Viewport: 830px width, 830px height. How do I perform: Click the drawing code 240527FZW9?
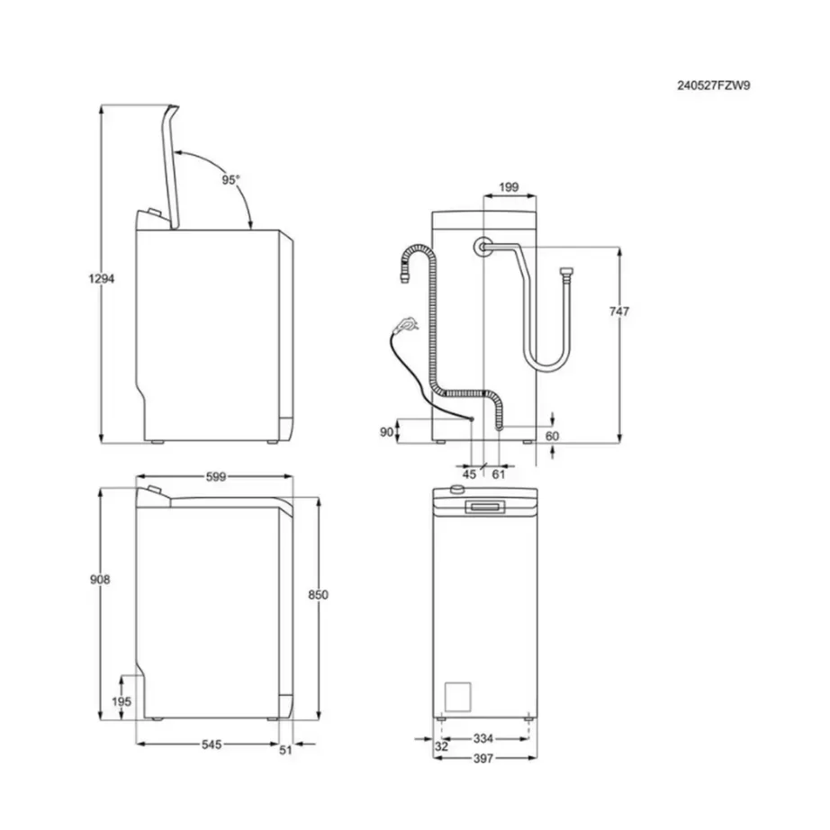pyautogui.click(x=714, y=86)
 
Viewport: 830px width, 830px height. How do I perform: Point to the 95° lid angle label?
pyautogui.click(x=231, y=180)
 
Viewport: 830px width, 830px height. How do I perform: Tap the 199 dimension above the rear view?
pyautogui.click(x=509, y=187)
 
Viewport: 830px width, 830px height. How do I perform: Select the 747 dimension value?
pyautogui.click(x=618, y=311)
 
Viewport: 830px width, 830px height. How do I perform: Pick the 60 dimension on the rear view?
pyautogui.click(x=553, y=436)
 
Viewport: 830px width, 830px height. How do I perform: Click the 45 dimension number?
pyautogui.click(x=469, y=474)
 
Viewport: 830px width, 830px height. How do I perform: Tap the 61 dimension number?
pyautogui.click(x=499, y=474)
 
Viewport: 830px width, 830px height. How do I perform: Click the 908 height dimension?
pyautogui.click(x=100, y=581)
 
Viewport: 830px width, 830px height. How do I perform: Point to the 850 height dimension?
pyautogui.click(x=318, y=595)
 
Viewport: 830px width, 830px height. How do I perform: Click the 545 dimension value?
pyautogui.click(x=210, y=744)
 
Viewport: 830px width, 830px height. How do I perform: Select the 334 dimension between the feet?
pyautogui.click(x=483, y=738)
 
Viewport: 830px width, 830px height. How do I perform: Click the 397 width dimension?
pyautogui.click(x=483, y=758)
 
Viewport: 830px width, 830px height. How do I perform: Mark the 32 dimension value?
pyautogui.click(x=440, y=746)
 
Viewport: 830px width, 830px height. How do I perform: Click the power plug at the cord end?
pyautogui.click(x=408, y=320)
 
